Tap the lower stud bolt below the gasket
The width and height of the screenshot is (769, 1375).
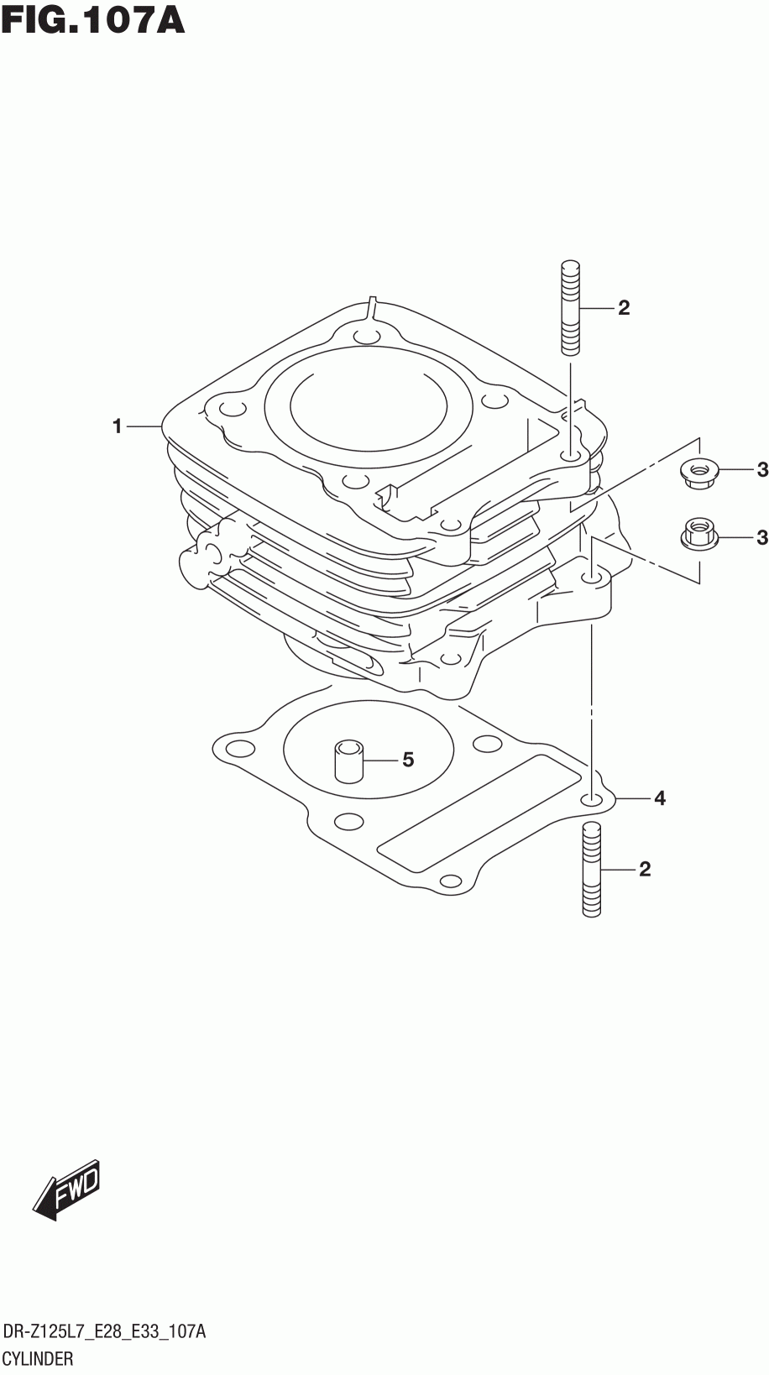tap(591, 869)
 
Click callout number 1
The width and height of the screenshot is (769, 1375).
tap(118, 426)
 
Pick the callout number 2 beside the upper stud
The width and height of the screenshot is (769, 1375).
tap(623, 308)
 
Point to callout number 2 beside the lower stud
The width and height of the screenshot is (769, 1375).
tap(644, 869)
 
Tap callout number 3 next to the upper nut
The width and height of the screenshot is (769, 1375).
tap(761, 470)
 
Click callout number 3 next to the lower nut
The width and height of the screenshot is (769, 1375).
tap(761, 536)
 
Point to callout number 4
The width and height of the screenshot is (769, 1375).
tap(660, 798)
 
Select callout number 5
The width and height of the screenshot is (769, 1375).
tap(408, 761)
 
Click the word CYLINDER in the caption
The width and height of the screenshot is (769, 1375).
tap(39, 1358)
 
